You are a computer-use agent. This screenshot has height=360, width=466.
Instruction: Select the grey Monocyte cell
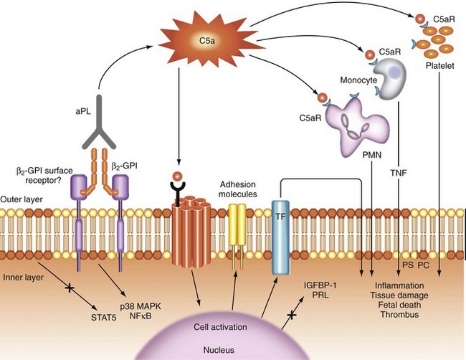pyautogui.click(x=391, y=75)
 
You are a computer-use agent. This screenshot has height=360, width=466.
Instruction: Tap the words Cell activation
pyautogui.click(x=221, y=326)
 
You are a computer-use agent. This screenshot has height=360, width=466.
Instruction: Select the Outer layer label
pyautogui.click(x=22, y=189)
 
